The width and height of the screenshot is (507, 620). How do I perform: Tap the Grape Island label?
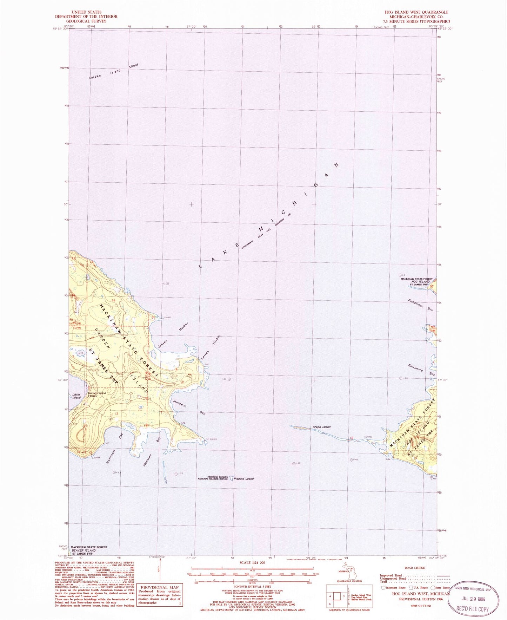[321, 427]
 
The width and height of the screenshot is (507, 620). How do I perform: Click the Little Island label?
[76, 396]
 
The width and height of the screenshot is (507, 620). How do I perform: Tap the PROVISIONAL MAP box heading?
[160, 587]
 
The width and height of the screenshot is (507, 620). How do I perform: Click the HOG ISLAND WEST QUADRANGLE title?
[416, 12]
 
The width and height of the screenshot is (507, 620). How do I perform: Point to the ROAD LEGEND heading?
[415, 568]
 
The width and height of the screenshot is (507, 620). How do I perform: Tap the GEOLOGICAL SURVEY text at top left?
[86, 21]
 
